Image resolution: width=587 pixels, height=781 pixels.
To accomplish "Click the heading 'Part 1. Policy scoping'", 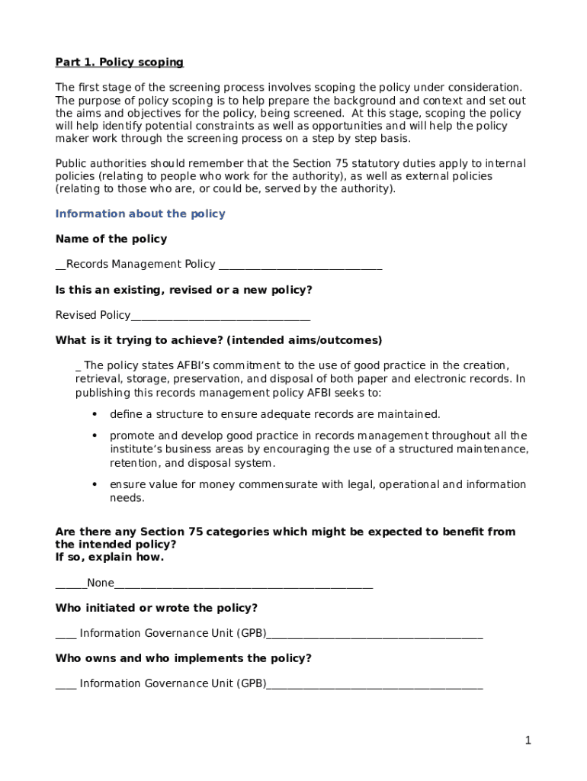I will [120, 63].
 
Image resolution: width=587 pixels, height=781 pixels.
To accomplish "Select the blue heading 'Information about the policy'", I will [140, 214].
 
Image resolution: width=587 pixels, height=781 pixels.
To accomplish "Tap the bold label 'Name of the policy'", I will [111, 239].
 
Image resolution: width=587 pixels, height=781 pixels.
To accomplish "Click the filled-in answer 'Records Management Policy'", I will [141, 265].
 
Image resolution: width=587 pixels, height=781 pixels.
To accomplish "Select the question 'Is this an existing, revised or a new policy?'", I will [184, 290].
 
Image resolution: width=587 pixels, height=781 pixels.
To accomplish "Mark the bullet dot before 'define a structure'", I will [95, 414].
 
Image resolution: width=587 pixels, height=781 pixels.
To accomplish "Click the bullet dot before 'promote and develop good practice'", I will [95, 435].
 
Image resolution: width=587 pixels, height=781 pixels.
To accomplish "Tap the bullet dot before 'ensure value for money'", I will [95, 484].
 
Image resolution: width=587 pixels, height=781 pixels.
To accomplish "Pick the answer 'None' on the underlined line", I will [101, 583].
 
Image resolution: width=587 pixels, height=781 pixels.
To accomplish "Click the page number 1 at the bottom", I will [528, 741].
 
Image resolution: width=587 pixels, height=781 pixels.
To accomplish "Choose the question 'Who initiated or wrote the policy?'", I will [156, 608].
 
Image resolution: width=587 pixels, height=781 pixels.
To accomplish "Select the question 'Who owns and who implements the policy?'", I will [184, 658].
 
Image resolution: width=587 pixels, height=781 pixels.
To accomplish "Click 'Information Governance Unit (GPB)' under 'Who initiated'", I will [173, 634].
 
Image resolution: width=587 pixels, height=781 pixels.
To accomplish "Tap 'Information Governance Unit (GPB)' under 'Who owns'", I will [173, 684].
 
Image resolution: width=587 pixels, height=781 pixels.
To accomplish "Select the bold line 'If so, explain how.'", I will [110, 558].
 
